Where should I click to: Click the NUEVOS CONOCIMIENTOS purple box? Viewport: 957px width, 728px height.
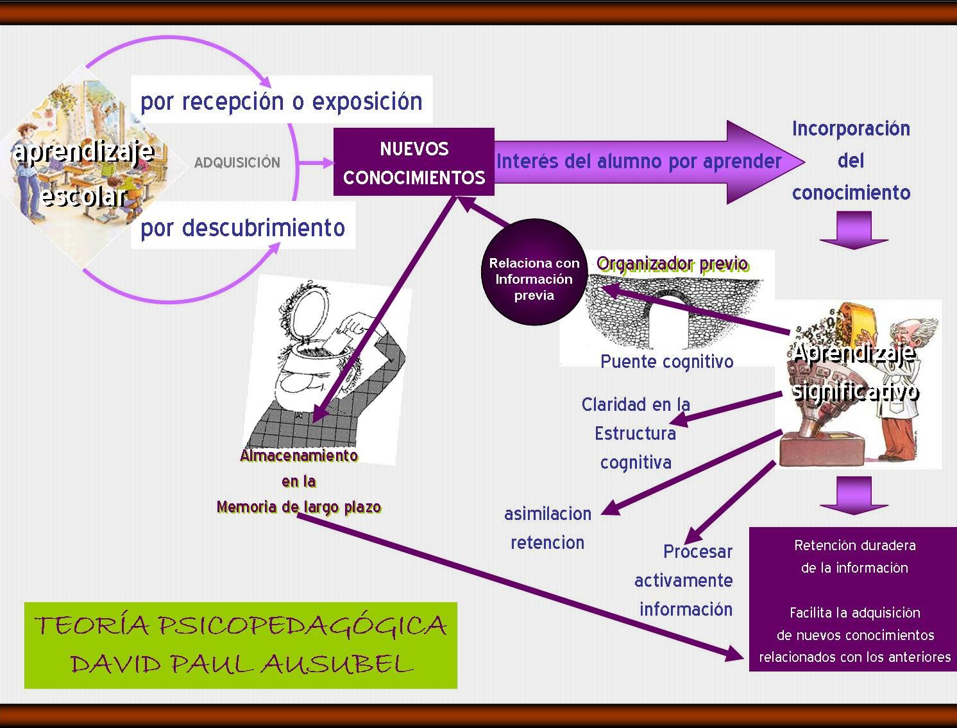[414, 162]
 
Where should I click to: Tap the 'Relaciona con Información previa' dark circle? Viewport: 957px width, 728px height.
[534, 272]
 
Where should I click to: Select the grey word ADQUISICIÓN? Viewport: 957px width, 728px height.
[237, 163]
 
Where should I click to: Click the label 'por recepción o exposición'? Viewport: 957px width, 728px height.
[281, 101]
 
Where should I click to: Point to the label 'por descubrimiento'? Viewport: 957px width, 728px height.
[242, 228]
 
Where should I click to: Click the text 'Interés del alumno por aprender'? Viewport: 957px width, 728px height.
[639, 161]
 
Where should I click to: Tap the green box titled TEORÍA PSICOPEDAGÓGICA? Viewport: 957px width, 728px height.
[241, 645]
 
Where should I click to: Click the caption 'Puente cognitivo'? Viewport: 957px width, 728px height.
[666, 361]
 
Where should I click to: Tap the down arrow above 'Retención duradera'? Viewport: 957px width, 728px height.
[854, 495]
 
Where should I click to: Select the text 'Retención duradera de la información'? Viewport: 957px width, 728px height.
[854, 556]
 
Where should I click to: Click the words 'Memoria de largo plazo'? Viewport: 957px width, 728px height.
[299, 507]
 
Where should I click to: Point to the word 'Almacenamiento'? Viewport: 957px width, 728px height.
[299, 456]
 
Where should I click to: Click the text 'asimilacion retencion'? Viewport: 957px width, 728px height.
[548, 528]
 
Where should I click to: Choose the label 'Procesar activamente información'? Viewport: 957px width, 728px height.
[684, 580]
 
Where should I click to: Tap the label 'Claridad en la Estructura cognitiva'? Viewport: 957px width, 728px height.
[636, 433]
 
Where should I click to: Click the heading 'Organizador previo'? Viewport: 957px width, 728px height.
[672, 264]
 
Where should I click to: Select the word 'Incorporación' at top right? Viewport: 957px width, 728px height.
[851, 129]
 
